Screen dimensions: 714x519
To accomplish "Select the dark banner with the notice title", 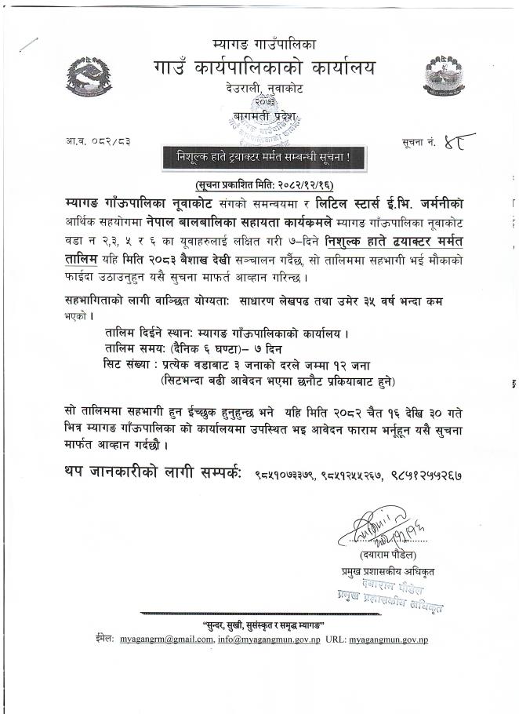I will [x=260, y=157].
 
